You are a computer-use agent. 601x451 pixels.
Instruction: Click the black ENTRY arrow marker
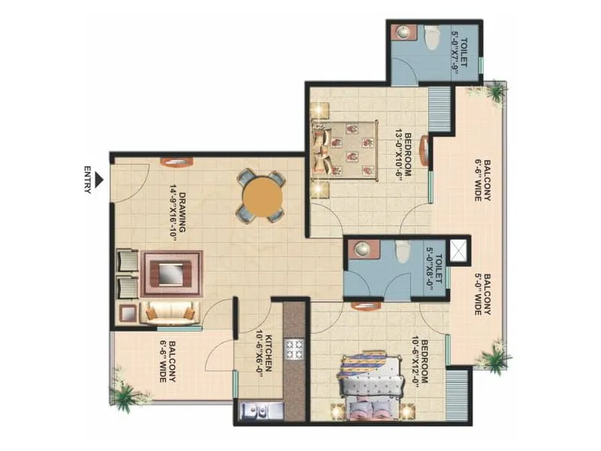(98, 180)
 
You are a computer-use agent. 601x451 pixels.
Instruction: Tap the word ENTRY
(87, 180)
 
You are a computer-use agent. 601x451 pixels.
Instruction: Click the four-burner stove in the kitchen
(294, 349)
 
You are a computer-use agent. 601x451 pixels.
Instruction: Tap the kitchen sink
(260, 411)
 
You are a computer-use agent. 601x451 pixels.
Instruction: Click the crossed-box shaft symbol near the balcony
(457, 250)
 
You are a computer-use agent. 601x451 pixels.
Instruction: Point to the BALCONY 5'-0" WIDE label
(481, 293)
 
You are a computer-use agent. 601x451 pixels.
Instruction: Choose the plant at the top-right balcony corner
(494, 92)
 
